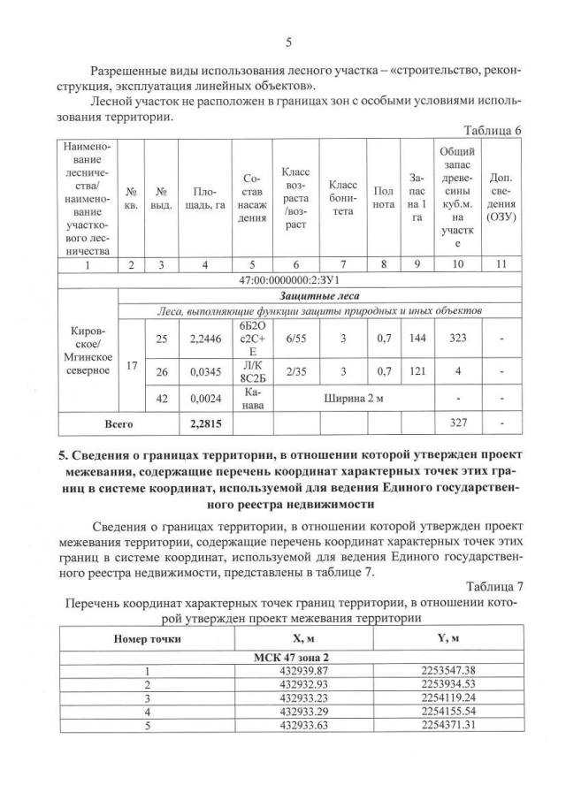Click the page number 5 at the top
(288, 42)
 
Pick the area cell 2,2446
(205, 337)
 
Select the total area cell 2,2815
(205, 423)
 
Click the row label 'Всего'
(119, 423)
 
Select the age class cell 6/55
(294, 337)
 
